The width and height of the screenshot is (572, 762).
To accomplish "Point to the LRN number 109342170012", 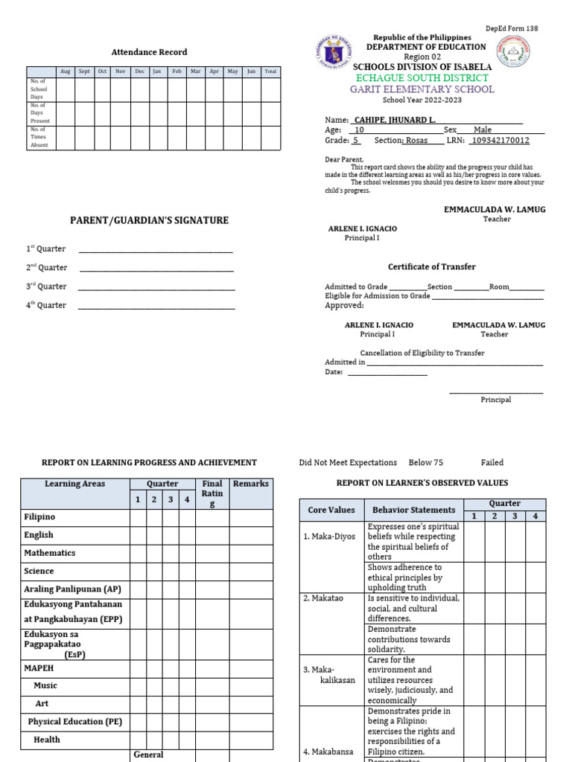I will tap(501, 140).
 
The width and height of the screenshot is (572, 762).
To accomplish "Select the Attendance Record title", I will tap(149, 52).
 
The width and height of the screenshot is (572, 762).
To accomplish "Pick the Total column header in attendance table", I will tap(270, 71).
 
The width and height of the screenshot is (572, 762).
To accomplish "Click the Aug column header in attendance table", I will tap(65, 71).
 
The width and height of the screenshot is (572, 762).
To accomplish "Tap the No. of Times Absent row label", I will tap(39, 137).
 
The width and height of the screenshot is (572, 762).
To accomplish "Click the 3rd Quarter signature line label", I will tap(47, 286).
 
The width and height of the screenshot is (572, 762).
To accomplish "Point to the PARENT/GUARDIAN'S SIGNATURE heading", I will tap(149, 220).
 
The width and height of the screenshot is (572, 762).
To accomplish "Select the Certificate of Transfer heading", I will tap(431, 266).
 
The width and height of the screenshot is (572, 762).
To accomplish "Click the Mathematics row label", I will tap(50, 553).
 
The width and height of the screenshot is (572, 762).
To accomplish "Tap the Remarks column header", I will tap(250, 484).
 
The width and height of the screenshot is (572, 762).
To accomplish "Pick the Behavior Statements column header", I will tap(413, 510).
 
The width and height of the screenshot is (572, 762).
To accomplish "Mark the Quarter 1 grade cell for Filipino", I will tap(138, 517).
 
